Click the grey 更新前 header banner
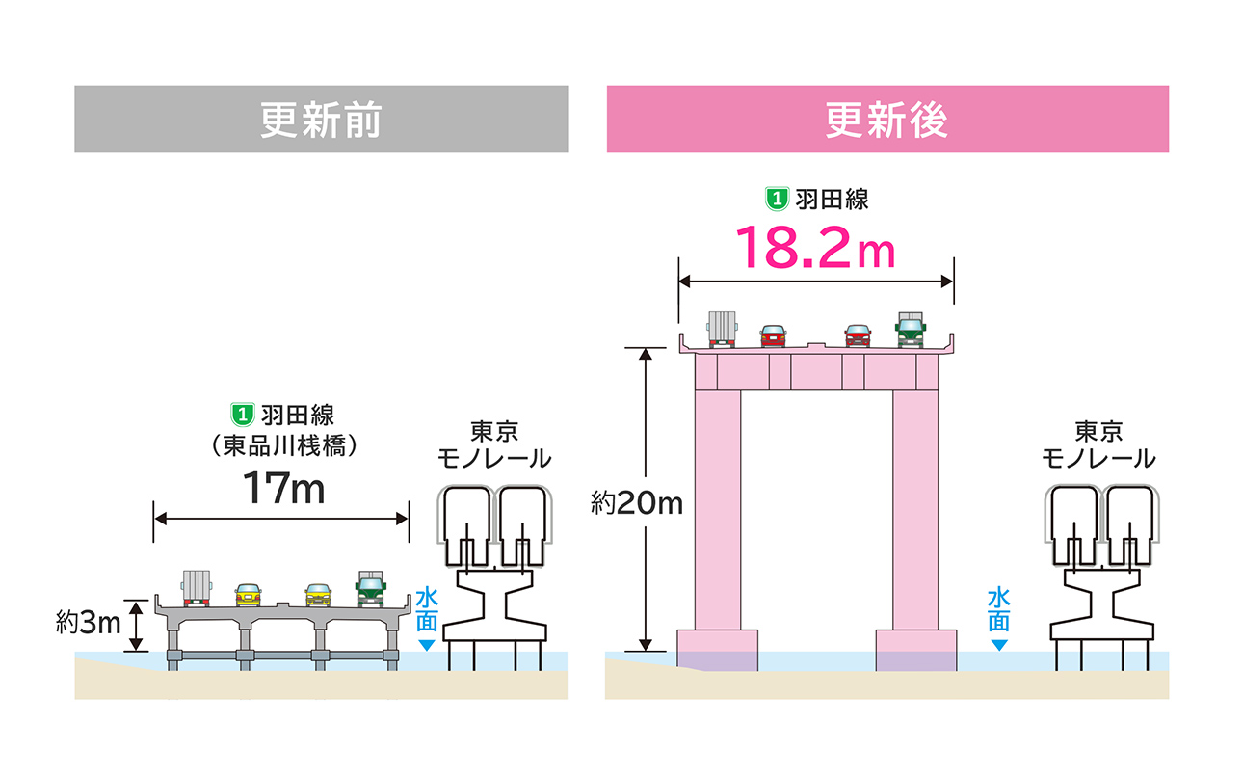coord(321,119)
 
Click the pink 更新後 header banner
coord(887,119)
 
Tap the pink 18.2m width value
coord(815,248)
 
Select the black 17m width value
coord(283,488)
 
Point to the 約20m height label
coord(637,503)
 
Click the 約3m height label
coord(89,622)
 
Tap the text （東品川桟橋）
coord(283,445)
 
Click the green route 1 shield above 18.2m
coord(777,199)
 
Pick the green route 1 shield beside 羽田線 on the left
coord(243,415)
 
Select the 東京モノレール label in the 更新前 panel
coord(494,444)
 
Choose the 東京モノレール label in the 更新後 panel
coord(1098,444)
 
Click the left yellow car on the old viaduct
coord(248,595)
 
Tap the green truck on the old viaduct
coord(371,589)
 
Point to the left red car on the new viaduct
coord(773,335)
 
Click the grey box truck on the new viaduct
coord(722,330)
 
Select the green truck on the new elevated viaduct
coord(911,330)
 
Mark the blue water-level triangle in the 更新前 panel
coord(426,645)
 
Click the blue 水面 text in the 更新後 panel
coord(998,609)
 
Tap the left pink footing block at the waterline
coord(717,651)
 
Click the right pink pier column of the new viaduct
coord(915,510)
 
